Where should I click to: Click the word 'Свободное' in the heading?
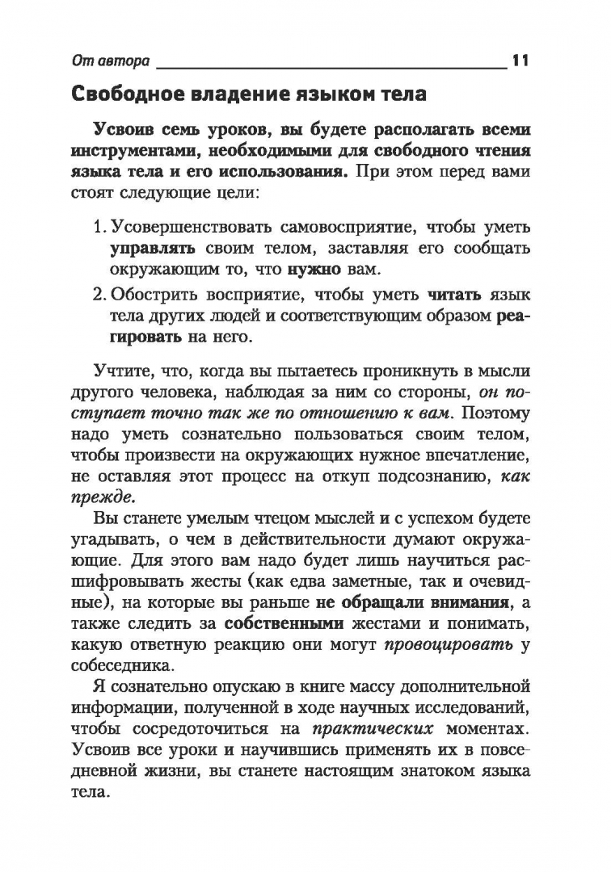135,94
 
